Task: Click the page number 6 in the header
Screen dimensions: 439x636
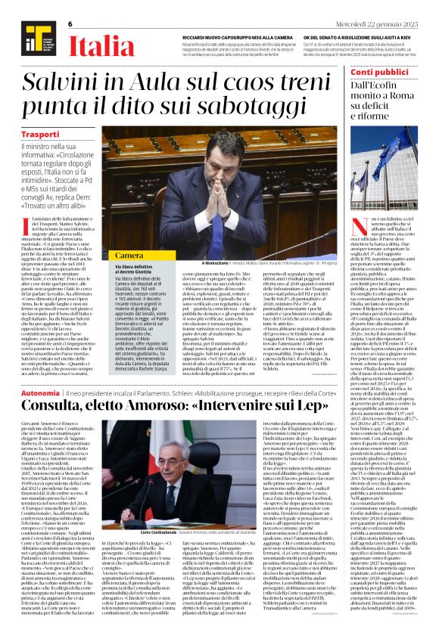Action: tap(69, 23)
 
